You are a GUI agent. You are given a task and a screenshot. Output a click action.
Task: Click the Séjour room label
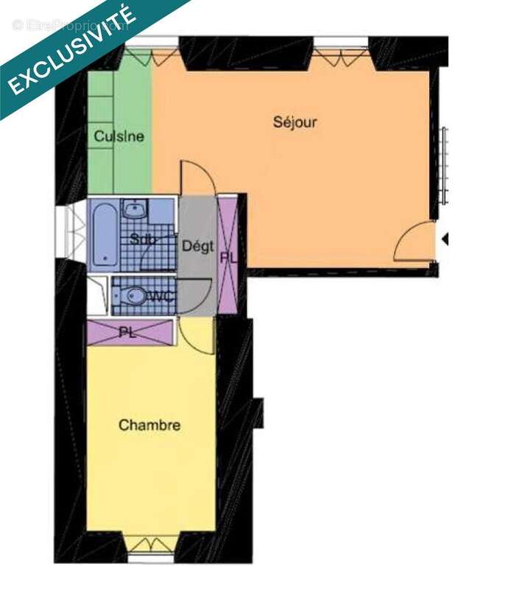click(295, 122)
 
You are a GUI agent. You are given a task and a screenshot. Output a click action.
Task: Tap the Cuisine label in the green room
click(119, 136)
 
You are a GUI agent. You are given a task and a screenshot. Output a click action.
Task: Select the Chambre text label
click(150, 426)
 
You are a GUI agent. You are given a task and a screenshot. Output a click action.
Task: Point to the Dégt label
click(198, 246)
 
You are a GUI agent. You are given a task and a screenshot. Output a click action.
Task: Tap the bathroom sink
click(134, 211)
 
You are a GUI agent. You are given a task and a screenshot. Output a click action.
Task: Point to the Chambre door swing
click(195, 336)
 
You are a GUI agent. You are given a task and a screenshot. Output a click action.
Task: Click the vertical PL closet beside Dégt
click(228, 255)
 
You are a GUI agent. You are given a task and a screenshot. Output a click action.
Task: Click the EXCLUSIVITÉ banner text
click(71, 51)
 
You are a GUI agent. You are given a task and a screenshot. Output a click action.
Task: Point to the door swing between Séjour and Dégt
click(197, 179)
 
